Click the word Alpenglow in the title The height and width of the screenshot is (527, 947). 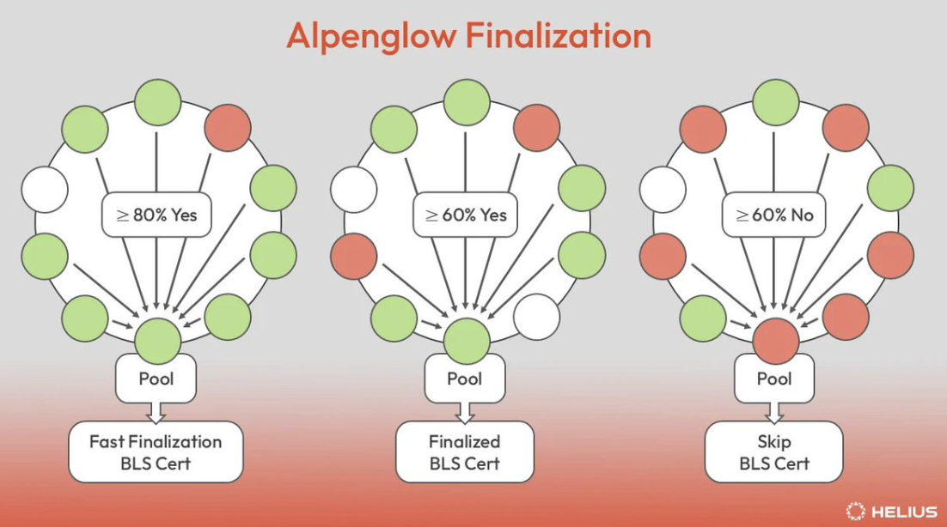[371, 36]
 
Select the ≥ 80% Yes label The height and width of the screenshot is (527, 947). [156, 215]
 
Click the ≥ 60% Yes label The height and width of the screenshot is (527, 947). [465, 215]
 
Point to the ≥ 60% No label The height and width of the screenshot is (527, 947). [773, 215]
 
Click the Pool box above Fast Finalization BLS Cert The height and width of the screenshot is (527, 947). [156, 378]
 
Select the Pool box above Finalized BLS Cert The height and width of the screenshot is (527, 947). [464, 378]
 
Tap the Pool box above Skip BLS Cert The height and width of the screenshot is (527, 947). [774, 378]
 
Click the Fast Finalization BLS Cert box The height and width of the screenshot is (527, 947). [156, 452]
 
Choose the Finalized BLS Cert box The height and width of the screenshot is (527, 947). [464, 452]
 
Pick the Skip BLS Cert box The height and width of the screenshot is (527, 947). [773, 452]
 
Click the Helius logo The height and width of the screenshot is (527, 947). [891, 512]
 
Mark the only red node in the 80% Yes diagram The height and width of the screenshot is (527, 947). [228, 128]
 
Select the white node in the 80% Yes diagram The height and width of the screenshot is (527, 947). [45, 190]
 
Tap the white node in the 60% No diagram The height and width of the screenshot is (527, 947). [663, 190]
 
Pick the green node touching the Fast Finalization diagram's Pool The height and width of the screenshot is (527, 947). [157, 342]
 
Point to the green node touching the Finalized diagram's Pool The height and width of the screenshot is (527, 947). [467, 342]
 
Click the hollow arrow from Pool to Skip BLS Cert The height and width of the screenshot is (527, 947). [774, 413]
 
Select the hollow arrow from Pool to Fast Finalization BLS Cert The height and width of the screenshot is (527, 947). [156, 413]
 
